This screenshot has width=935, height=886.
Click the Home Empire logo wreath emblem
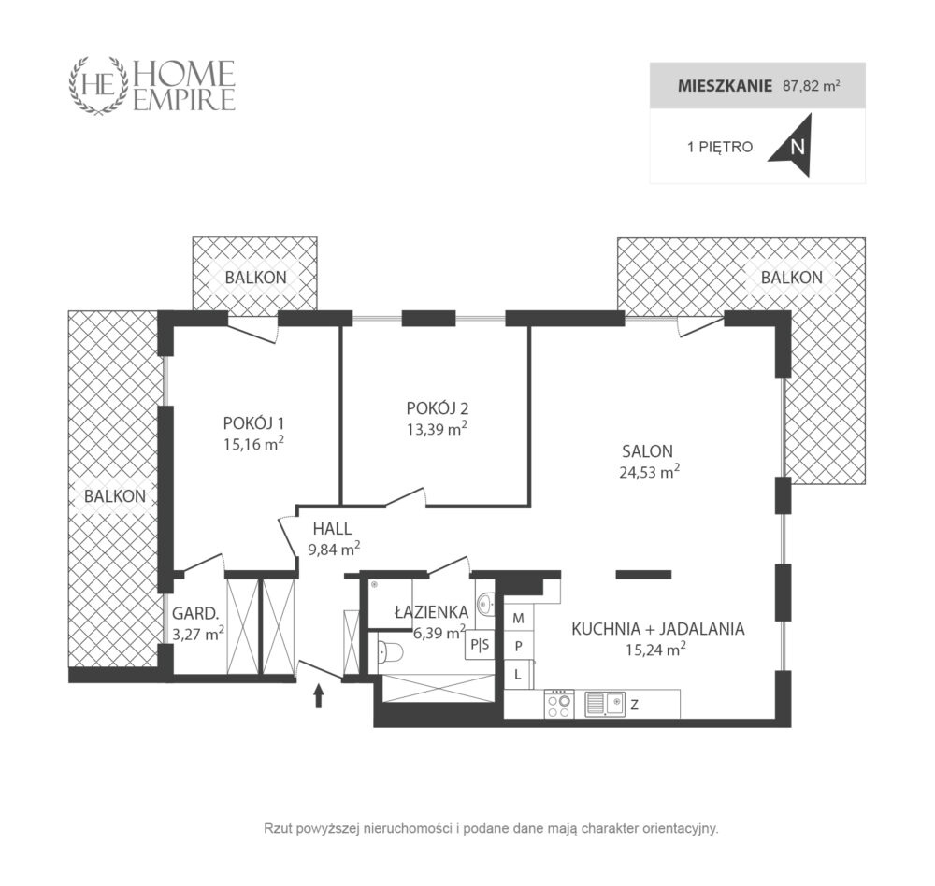pyautogui.click(x=99, y=85)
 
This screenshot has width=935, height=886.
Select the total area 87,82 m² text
pyautogui.click(x=811, y=85)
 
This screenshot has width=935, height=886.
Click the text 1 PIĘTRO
pyautogui.click(x=720, y=147)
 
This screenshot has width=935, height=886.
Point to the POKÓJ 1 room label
pyautogui.click(x=253, y=423)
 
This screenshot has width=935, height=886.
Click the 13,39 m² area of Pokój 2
pyautogui.click(x=437, y=429)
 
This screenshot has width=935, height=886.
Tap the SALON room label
pyautogui.click(x=647, y=451)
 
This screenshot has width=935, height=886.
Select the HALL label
pyautogui.click(x=332, y=529)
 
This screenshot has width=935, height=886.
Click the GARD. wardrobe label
pyautogui.click(x=195, y=613)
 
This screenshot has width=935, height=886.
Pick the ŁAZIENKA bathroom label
pyautogui.click(x=432, y=612)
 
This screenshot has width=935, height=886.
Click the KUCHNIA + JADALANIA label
pyautogui.click(x=657, y=629)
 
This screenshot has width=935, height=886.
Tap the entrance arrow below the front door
pyautogui.click(x=319, y=695)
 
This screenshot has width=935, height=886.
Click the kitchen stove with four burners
pyautogui.click(x=559, y=704)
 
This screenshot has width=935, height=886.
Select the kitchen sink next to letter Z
pyautogui.click(x=605, y=704)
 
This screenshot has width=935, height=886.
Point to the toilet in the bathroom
pyautogui.click(x=391, y=654)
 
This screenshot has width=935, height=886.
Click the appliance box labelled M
pyautogui.click(x=519, y=619)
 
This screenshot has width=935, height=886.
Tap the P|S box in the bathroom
pyautogui.click(x=480, y=645)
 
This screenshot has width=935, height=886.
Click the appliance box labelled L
pyautogui.click(x=518, y=675)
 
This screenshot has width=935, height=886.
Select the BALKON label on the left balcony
pyautogui.click(x=114, y=496)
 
